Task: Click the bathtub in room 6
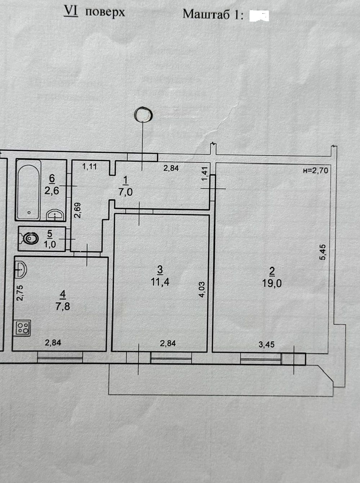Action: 29,190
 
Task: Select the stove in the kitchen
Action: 23,328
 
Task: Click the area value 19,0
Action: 272,283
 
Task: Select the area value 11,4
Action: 160,282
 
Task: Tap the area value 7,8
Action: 63,306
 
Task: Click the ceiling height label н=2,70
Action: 316,170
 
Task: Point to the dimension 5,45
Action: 323,252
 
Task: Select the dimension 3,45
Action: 266,344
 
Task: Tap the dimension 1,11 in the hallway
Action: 90,166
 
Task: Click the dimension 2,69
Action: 77,210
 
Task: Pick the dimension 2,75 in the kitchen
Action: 20,293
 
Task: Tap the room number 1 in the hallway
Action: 126,181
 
